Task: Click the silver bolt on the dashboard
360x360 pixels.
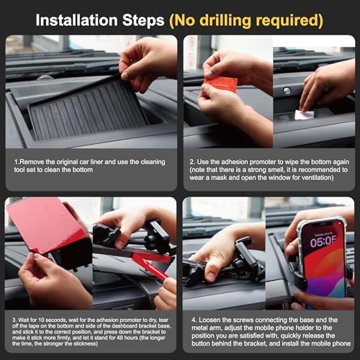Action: pyautogui.click(x=287, y=91)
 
